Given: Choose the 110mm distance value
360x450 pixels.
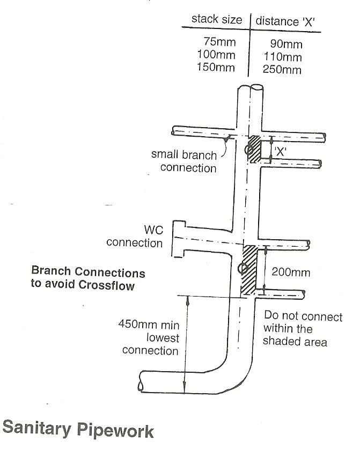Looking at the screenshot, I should tap(283, 56).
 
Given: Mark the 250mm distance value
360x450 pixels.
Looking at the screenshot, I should tap(283, 70).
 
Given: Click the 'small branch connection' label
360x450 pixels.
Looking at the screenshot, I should tap(184, 161).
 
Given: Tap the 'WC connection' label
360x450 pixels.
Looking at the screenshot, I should tap(135, 237).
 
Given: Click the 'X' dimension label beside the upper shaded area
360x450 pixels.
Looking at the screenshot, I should tap(281, 152).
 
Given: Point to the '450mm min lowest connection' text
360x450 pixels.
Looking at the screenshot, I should tap(149, 337).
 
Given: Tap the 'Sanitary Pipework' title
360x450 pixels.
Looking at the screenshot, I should tap(78, 430).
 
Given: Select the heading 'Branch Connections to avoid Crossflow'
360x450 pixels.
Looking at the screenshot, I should tap(88, 277).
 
